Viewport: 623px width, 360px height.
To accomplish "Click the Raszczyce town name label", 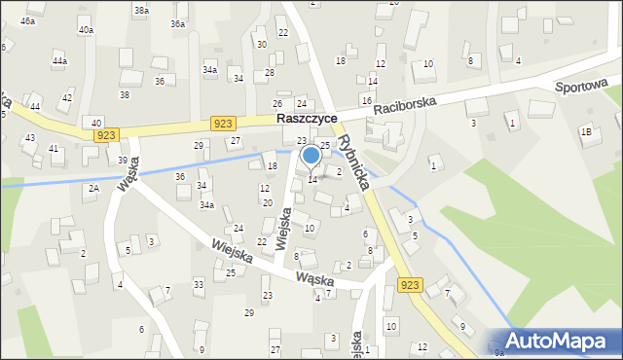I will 307,118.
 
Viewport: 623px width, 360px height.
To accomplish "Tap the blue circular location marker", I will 311,155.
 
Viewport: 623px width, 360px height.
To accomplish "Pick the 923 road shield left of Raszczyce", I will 223,123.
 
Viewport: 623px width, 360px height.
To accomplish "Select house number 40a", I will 87,30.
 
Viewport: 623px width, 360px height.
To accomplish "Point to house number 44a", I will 60,61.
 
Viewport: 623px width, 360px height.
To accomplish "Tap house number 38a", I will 141,11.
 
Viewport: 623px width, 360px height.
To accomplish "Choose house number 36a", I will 177,23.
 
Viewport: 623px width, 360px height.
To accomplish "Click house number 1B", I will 586,131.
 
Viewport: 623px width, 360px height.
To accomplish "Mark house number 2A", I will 93,189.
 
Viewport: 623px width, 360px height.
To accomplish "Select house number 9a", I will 499,351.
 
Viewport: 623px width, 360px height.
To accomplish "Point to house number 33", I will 199,284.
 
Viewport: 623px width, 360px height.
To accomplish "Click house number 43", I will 29,138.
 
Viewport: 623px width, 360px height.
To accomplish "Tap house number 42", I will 66,98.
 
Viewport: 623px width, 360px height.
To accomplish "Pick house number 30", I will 261,45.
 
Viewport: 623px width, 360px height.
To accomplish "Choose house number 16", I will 366,100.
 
